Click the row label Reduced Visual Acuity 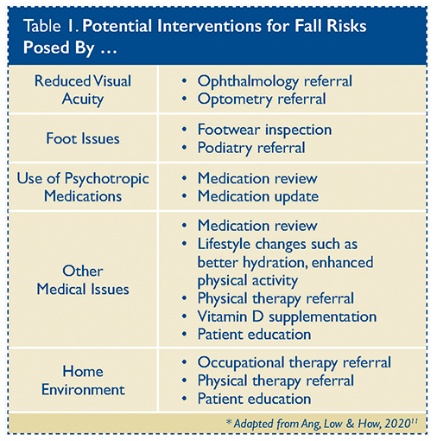coord(83,90)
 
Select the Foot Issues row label coord(83,138)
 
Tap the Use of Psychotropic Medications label coord(83,188)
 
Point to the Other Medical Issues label coord(83,280)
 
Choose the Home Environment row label coord(83,380)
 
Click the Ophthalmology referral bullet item coord(275,81)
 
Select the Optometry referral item coord(262,99)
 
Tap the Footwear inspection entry coord(264,130)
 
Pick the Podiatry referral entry coord(251,148)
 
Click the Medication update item coord(258,197)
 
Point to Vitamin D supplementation coord(287,316)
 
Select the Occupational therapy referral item coord(294,363)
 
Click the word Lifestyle coord(224,245)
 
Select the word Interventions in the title coord(209,26)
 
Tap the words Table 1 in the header coord(50,26)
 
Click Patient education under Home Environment coord(254,399)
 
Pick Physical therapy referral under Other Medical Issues coord(275,299)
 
